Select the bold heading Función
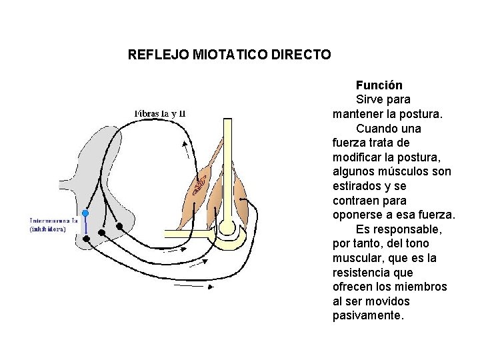[x=379, y=85]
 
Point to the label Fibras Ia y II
[x=160, y=113]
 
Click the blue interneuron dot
[x=85, y=213]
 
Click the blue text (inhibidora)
[x=47, y=229]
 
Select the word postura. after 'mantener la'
[x=421, y=114]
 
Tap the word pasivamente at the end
[x=368, y=315]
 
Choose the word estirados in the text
[x=357, y=186]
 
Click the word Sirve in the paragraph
[x=370, y=99]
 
